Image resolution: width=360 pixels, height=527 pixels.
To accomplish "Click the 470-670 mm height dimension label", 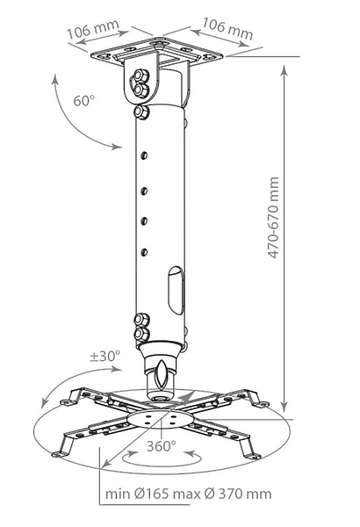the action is point(274,218).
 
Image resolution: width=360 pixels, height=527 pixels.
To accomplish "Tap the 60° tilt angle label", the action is point(83,100).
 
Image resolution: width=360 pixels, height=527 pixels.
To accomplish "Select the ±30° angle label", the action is point(104,356).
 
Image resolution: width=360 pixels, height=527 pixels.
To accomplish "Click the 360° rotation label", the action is point(162,446).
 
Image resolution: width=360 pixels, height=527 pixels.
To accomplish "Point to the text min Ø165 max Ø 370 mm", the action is point(188,494).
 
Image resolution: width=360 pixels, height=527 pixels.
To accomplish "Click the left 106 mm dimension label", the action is point(93,29).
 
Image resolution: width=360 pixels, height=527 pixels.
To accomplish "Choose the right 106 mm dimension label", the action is point(227,29).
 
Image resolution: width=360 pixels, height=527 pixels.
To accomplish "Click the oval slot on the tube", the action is point(176,291).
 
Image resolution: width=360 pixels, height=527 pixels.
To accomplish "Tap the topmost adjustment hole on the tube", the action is point(144,155).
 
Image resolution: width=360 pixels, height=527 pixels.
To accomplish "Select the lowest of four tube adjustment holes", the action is point(144,252).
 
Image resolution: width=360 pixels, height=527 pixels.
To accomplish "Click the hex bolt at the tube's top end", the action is point(141,112).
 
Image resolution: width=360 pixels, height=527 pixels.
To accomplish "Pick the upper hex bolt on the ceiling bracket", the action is point(140,76).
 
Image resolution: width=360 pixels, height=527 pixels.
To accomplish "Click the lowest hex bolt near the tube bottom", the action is point(141,335).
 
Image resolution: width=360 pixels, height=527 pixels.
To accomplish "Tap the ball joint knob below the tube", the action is point(161,374).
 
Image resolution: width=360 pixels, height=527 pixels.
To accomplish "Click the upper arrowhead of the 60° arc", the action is point(54,80).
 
